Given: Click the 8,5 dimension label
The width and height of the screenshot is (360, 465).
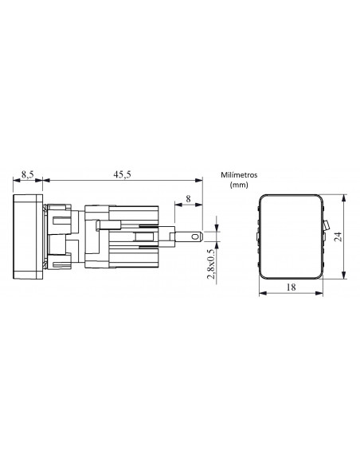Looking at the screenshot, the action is pos(27,174).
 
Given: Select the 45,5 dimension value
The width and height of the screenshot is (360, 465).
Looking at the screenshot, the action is pos(122,174).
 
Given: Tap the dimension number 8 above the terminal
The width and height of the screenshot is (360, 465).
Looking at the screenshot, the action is pos(188,199).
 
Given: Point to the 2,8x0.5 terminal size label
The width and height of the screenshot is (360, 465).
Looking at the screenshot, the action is pos(211,264).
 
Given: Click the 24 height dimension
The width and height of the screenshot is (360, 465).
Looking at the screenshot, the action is pos(338,236).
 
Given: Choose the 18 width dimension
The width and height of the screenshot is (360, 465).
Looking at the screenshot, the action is pos(291,287).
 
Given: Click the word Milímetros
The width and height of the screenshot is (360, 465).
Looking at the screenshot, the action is pos(239,174).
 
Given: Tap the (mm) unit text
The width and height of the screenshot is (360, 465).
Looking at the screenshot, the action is pos(239,185).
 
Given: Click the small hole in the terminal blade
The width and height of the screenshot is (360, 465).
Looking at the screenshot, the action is pos(195,236).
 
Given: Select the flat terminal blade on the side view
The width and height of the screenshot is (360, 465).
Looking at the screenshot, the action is pos(189,236).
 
